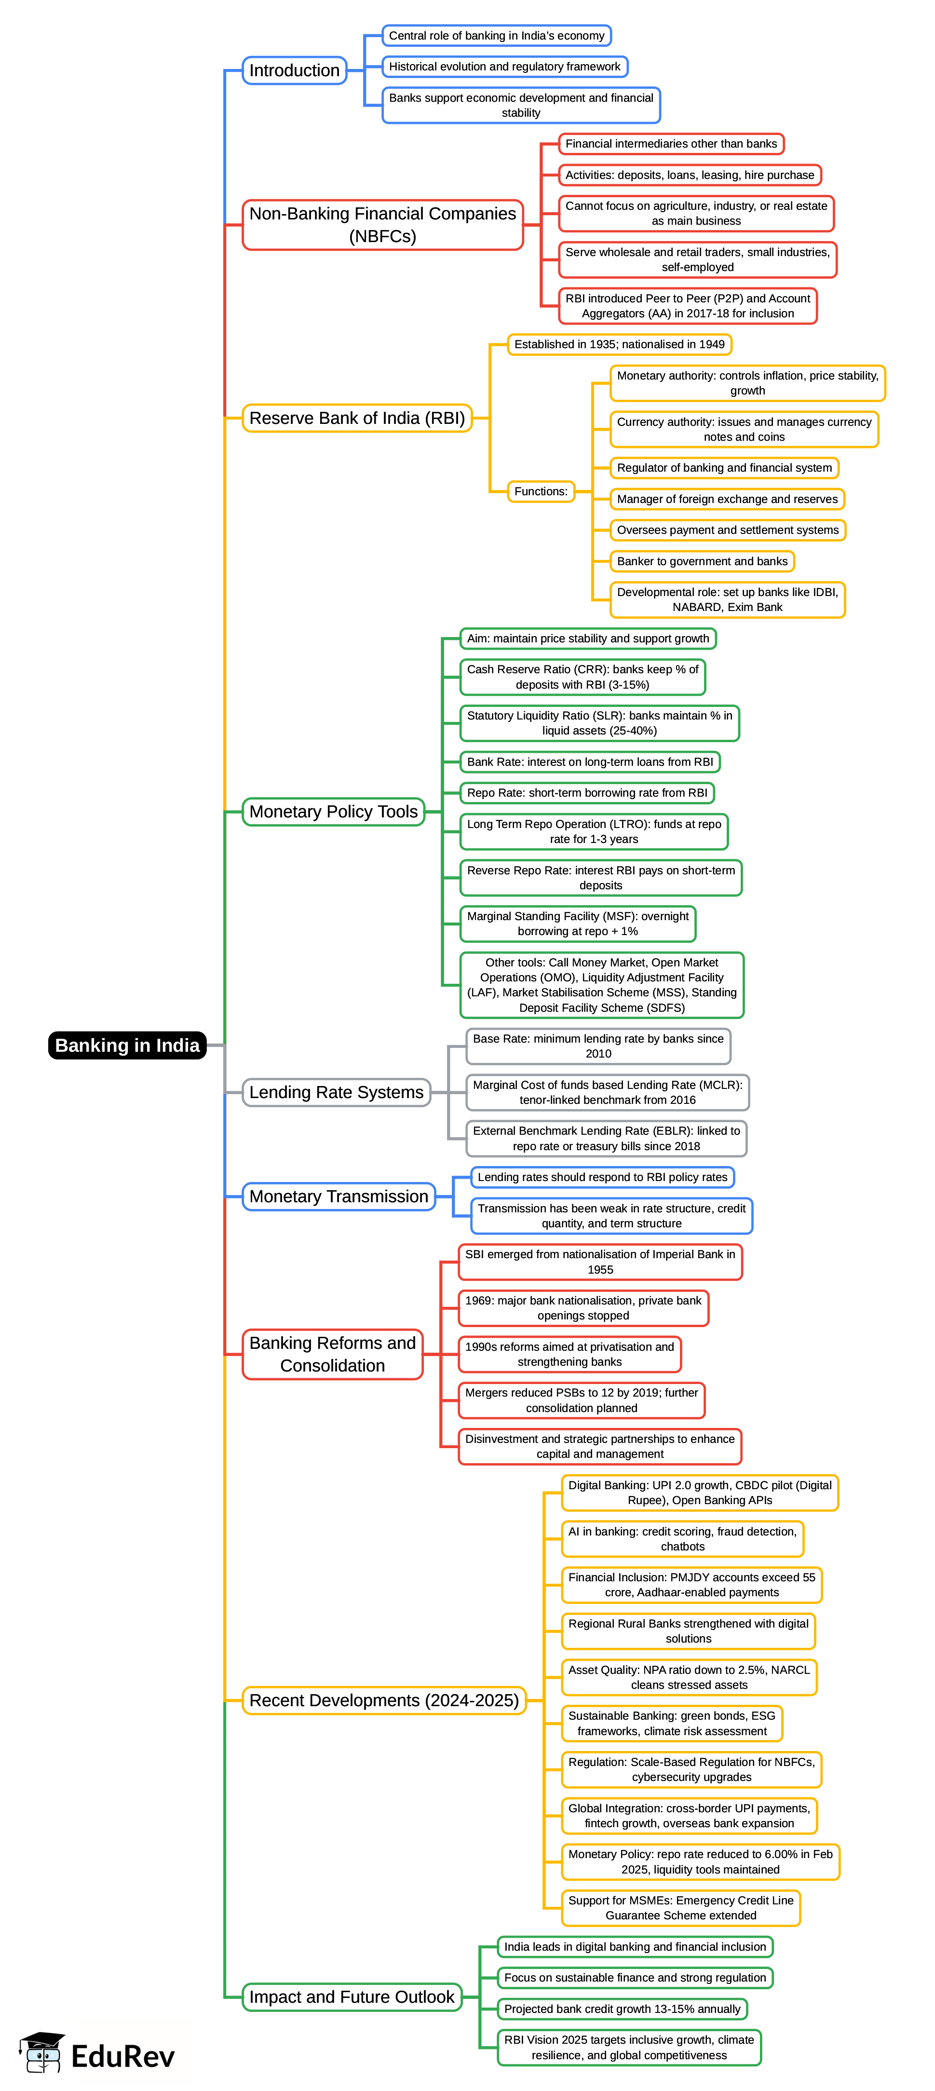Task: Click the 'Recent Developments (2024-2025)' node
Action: (x=384, y=1700)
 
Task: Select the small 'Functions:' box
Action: (x=541, y=491)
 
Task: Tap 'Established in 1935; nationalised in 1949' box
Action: (x=619, y=344)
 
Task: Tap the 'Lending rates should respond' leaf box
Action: (x=602, y=1177)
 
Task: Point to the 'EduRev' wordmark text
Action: (x=122, y=2056)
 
